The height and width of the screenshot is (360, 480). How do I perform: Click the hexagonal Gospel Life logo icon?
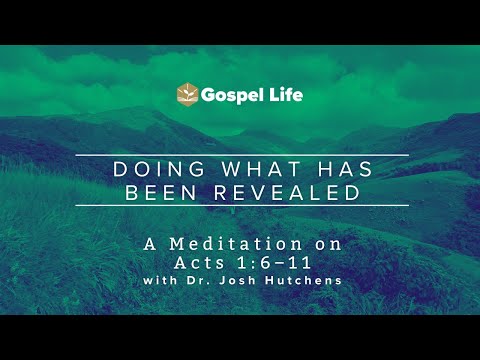coord(187,94)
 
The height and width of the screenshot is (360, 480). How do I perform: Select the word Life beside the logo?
coord(284,95)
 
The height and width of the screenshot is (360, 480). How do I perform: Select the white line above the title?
coord(240,155)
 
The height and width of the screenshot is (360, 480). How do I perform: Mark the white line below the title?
coord(240,205)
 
